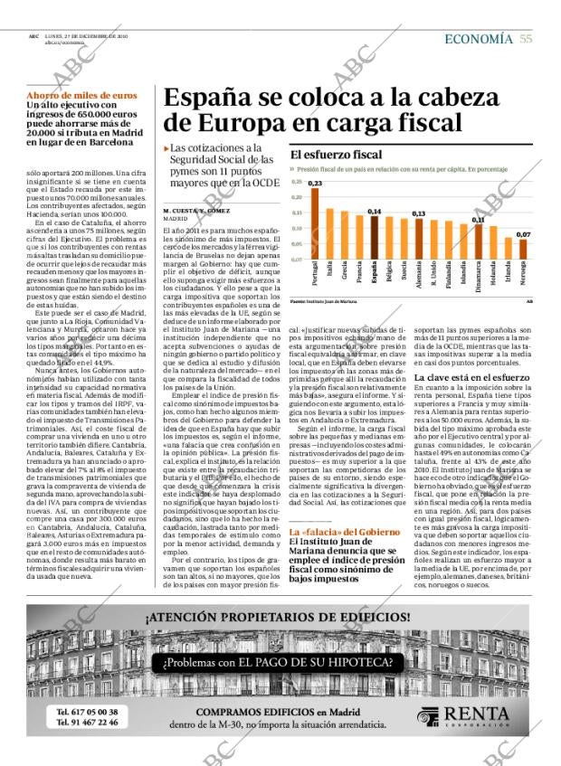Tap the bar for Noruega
point(522,249)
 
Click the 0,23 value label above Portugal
point(315,184)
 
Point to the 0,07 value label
point(522,234)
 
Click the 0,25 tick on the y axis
point(296,181)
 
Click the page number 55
point(526,39)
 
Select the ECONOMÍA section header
point(479,39)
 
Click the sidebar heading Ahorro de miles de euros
point(81,95)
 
